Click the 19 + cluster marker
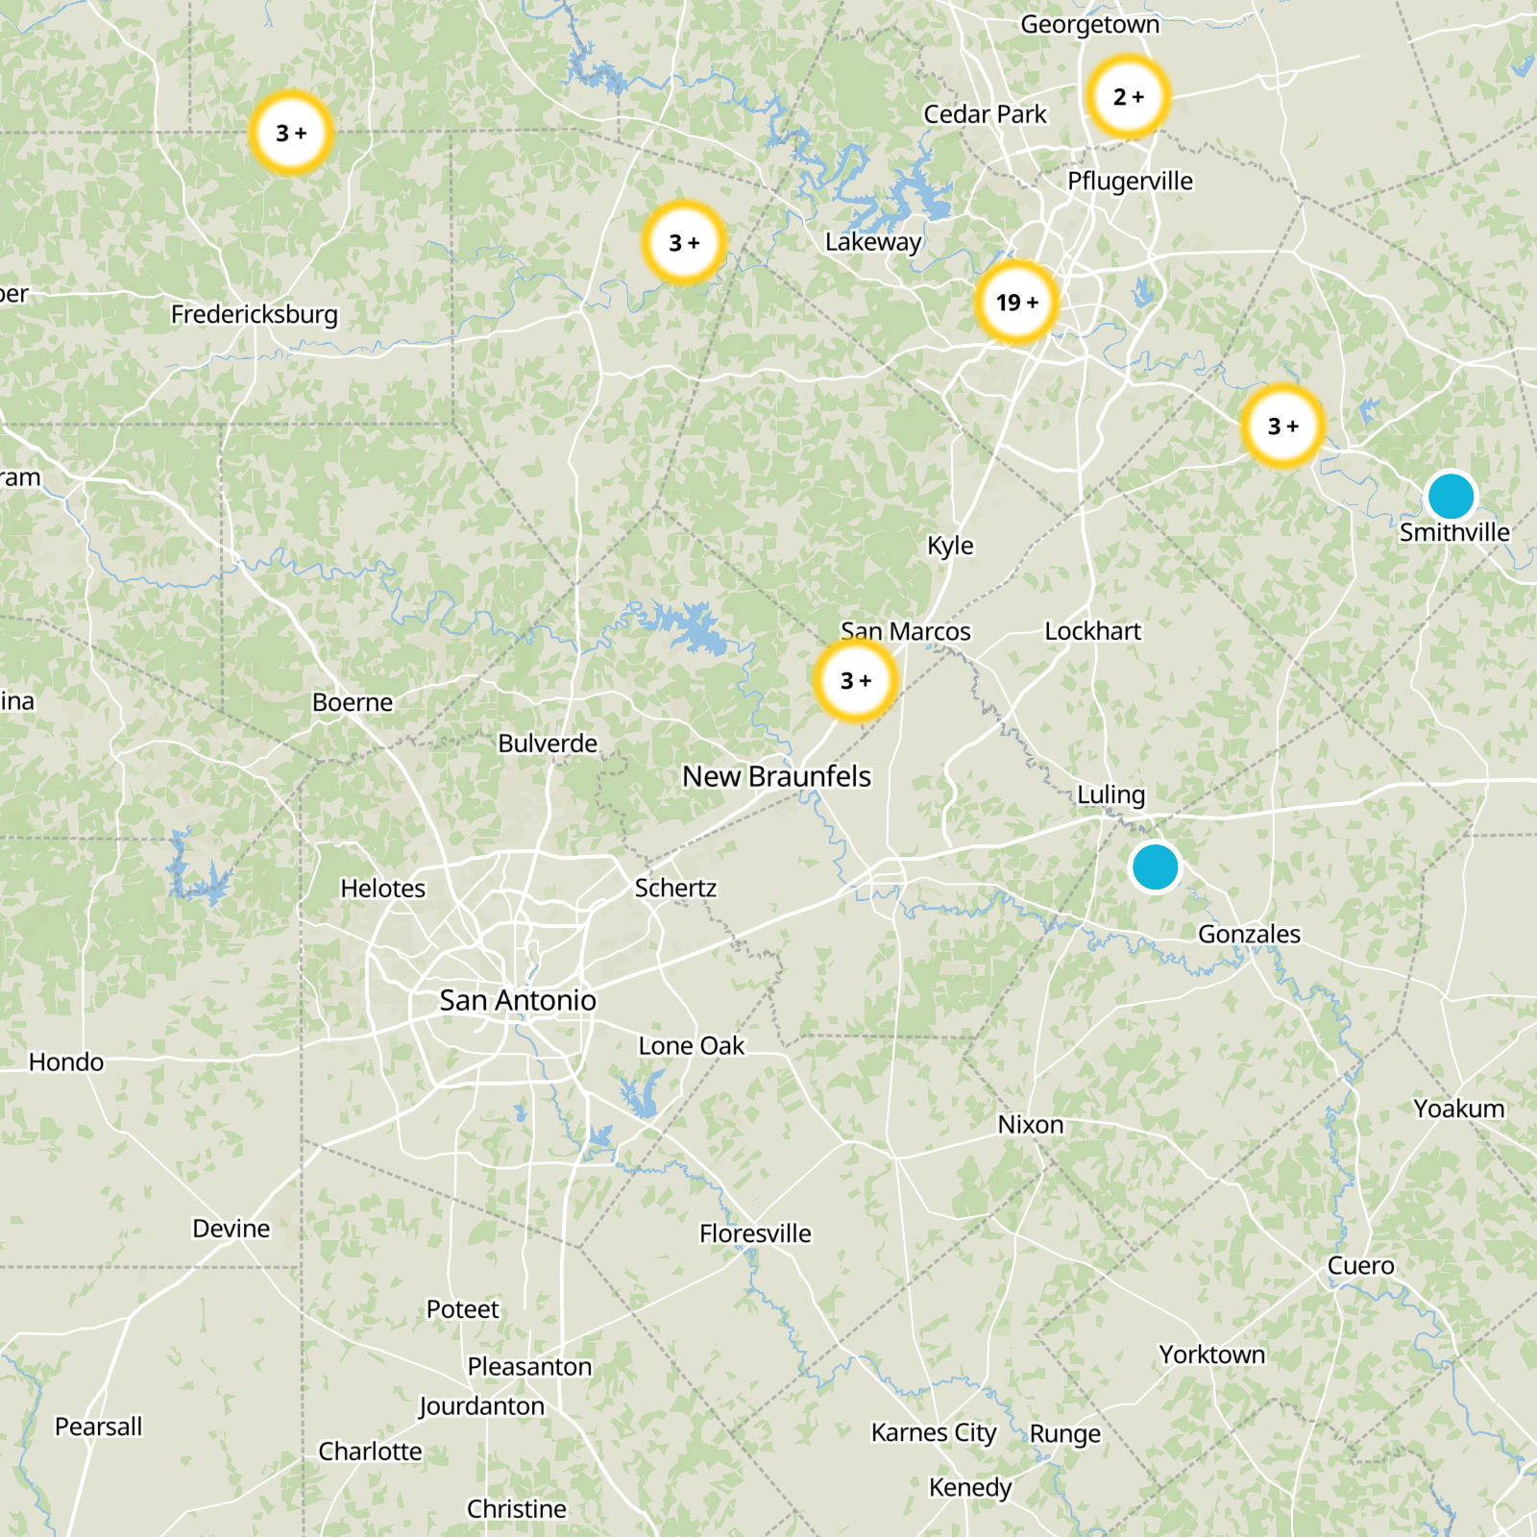click(x=1015, y=303)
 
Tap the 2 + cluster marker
click(x=1128, y=97)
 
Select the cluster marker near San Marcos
click(x=855, y=681)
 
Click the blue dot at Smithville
click(x=1451, y=496)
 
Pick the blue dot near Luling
click(x=1155, y=866)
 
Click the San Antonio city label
click(x=518, y=1001)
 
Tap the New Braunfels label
click(x=776, y=776)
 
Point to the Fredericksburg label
click(x=255, y=314)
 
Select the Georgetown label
click(x=1089, y=24)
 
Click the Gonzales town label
click(x=1249, y=934)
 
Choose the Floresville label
click(x=755, y=1233)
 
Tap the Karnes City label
click(x=934, y=1433)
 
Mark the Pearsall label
click(x=98, y=1427)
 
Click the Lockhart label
click(x=1092, y=631)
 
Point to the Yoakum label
click(x=1458, y=1109)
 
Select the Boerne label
click(x=353, y=702)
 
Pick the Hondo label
click(x=66, y=1061)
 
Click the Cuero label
click(x=1360, y=1266)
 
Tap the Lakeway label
click(x=873, y=242)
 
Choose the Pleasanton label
click(x=529, y=1367)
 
